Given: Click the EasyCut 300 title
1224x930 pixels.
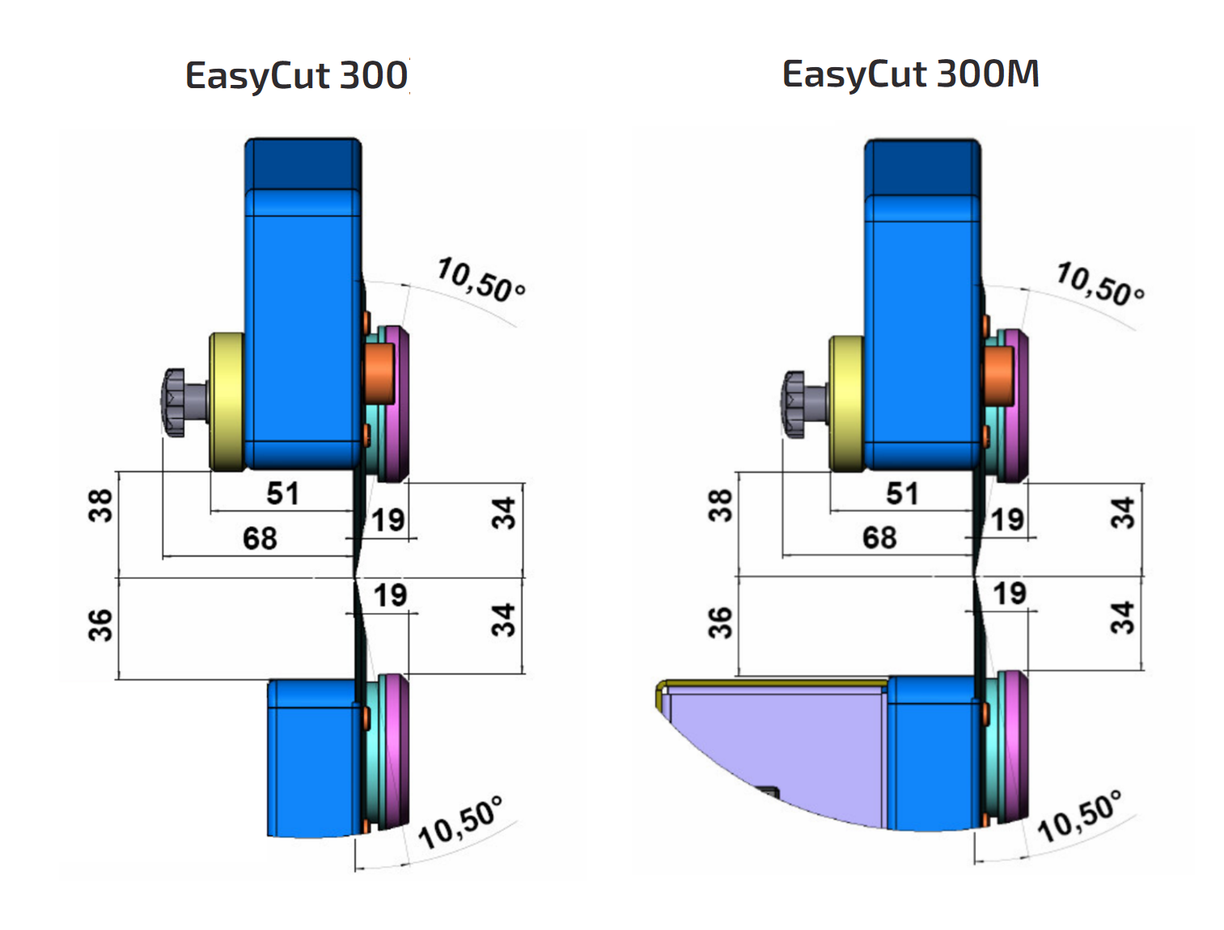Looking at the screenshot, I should (x=296, y=75).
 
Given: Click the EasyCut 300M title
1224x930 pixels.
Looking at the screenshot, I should (x=910, y=74).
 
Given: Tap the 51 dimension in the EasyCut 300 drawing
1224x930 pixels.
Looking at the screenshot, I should (x=282, y=493).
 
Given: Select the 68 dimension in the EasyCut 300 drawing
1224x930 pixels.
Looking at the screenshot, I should (x=260, y=538).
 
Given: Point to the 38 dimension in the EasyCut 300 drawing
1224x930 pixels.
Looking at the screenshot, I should (x=100, y=505).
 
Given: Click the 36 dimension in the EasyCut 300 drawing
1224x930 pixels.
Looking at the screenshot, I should (x=100, y=625).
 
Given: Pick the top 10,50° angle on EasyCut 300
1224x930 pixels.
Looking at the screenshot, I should (x=481, y=280).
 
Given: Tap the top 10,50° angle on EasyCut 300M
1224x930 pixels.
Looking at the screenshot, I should (x=1100, y=283).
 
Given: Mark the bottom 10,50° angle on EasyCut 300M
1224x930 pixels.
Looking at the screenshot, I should (x=1080, y=817).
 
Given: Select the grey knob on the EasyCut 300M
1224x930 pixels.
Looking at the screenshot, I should (x=796, y=404).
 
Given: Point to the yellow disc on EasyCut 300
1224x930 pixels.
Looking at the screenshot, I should (x=227, y=402).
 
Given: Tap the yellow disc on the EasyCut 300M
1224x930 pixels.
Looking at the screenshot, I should (x=846, y=403).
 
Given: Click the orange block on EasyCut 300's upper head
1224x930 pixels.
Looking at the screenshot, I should (x=379, y=373).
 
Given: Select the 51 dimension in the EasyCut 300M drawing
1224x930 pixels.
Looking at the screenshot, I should (x=902, y=493).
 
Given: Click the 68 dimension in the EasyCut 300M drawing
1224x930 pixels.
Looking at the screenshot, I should (x=879, y=537).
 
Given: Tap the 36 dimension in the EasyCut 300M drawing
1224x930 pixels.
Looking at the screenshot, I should (x=719, y=623).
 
